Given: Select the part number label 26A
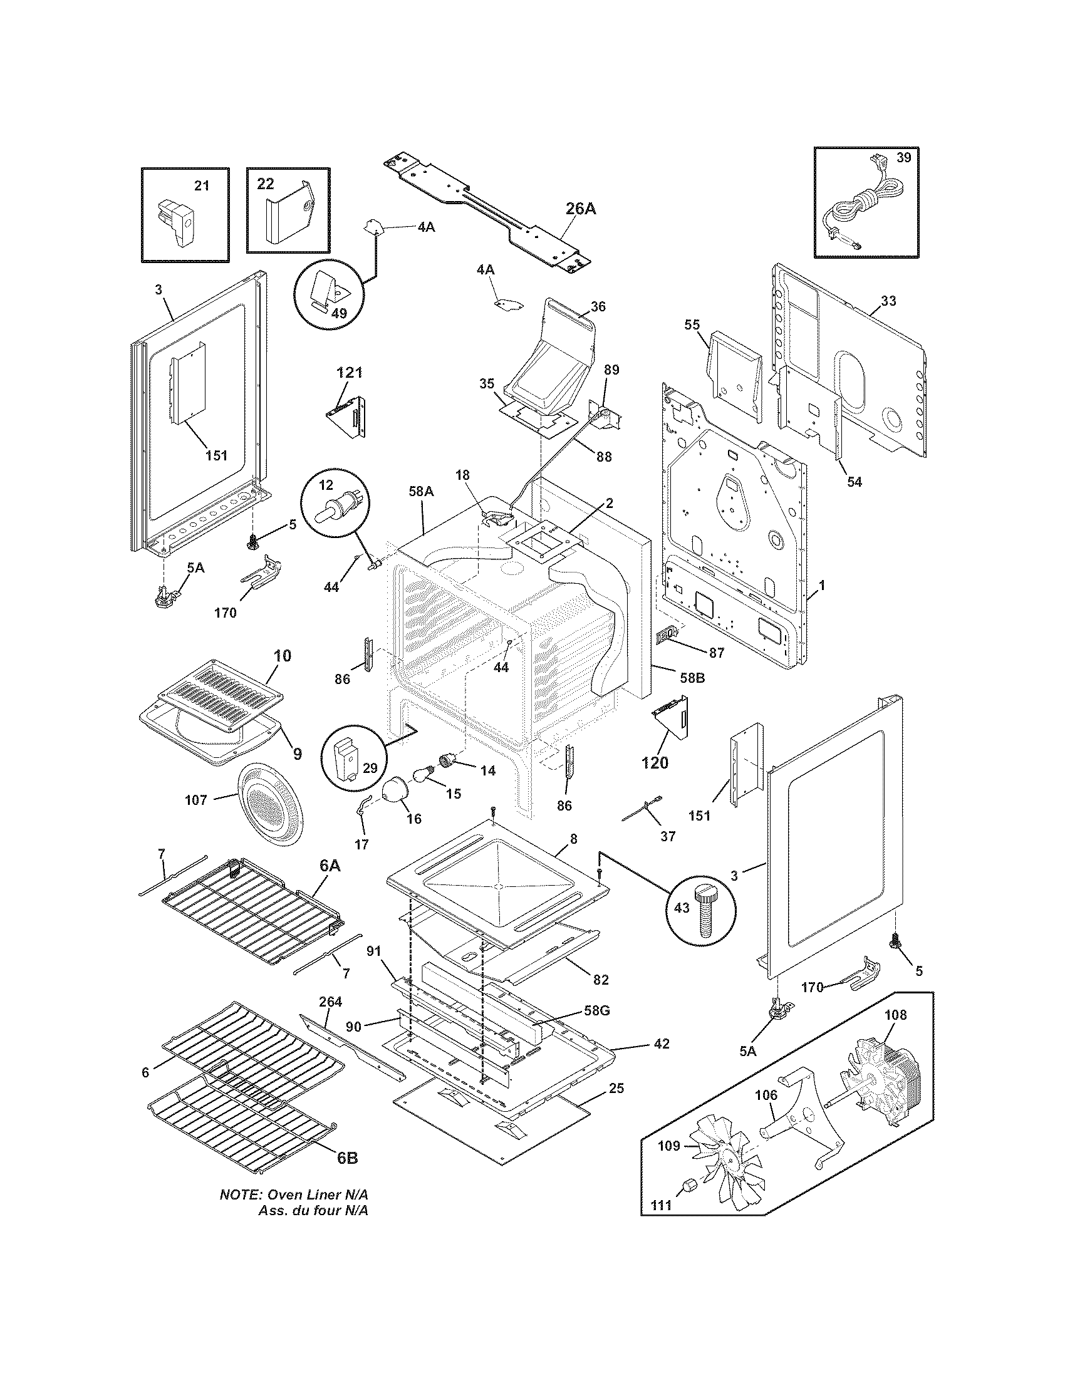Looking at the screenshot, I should coord(580,209).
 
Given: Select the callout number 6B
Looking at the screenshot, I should coord(347,1158).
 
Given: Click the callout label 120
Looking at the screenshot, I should coord(654,762).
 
